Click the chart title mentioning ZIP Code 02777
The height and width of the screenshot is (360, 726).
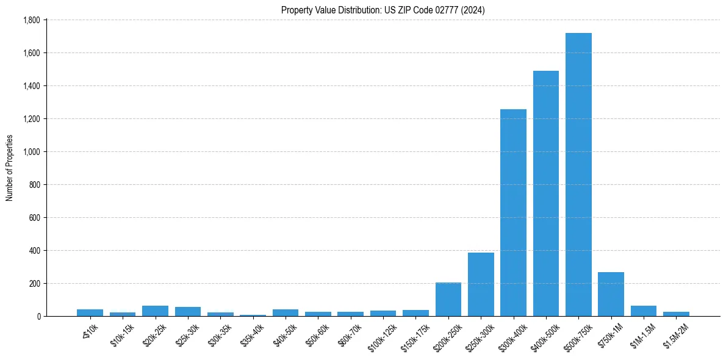[383, 10]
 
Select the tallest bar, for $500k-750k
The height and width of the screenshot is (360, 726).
[578, 175]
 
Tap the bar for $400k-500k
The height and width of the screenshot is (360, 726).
[546, 193]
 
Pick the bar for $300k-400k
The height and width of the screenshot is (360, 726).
[513, 213]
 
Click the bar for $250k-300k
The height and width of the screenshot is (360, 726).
[481, 284]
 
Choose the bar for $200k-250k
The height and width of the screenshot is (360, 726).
[448, 300]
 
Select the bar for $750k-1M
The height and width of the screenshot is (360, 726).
[611, 294]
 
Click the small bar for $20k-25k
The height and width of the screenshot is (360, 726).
[155, 311]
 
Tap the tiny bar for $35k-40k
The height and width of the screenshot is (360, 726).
[253, 315]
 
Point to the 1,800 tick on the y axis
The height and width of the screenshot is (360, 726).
[31, 20]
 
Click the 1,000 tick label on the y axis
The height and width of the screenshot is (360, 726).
[31, 152]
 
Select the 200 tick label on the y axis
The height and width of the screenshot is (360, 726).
[35, 284]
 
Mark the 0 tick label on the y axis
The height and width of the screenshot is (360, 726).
[38, 317]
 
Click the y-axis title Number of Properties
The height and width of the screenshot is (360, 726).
[9, 168]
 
